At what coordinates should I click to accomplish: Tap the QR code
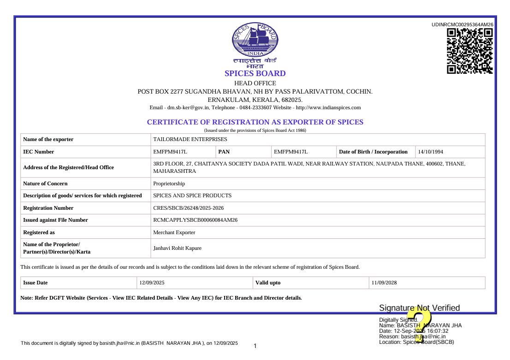coord(470,51)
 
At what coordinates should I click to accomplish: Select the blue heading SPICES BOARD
coord(255,73)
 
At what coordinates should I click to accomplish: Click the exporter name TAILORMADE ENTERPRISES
coord(190,139)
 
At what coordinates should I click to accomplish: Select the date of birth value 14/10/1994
coord(431,152)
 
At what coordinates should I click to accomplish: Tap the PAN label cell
coord(224,152)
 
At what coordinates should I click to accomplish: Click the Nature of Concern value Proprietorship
coord(169,183)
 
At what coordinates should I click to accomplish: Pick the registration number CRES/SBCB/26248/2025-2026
coord(188,208)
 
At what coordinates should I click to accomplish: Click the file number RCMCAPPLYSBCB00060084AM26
coord(195,220)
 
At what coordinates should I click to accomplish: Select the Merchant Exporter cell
coord(174,232)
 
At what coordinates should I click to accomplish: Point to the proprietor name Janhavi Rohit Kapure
coord(177,248)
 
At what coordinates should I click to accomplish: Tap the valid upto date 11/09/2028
coord(384,283)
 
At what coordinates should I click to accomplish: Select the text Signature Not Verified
coord(419,308)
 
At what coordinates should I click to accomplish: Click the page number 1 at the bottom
coord(255,346)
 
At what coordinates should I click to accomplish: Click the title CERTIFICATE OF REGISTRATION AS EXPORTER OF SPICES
coord(255,122)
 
